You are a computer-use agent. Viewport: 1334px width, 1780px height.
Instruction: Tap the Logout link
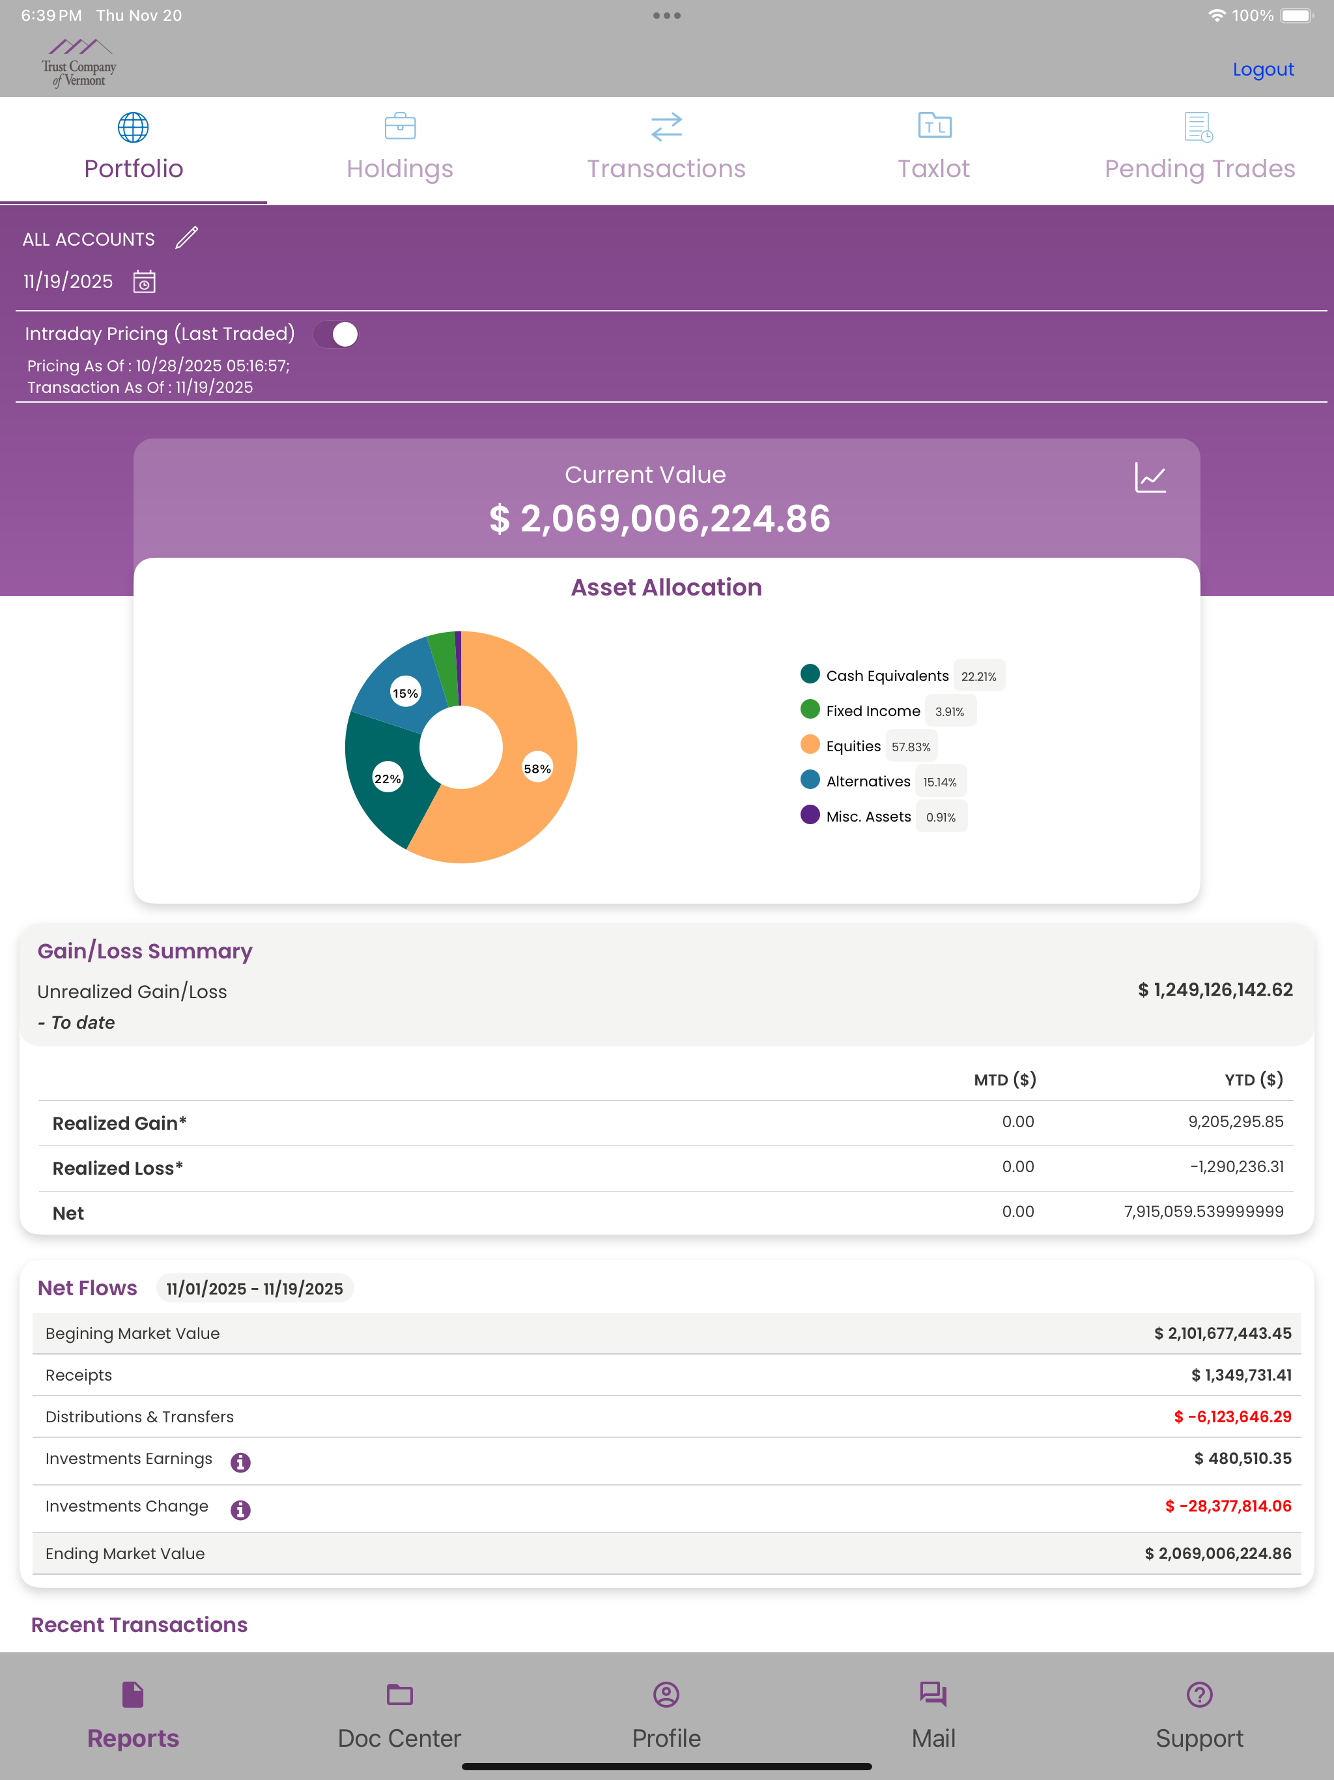(1262, 69)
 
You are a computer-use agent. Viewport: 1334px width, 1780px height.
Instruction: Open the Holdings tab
(400, 149)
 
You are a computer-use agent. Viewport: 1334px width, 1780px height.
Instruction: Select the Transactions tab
(666, 149)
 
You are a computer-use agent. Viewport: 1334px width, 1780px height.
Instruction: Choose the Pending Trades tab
(1199, 149)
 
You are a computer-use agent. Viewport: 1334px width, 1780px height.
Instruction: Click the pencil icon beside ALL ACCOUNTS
(187, 238)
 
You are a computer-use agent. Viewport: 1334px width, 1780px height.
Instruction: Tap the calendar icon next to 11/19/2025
(144, 281)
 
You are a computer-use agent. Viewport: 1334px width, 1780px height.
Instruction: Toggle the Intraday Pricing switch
(335, 334)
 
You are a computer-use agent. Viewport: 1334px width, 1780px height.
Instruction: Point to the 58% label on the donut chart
(537, 769)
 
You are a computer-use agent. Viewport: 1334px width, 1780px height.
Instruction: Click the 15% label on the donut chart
(406, 693)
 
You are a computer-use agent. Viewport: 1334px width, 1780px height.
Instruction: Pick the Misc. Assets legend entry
(883, 817)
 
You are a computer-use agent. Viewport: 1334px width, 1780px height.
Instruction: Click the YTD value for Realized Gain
(1236, 1122)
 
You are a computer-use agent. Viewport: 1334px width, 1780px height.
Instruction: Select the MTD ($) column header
(1005, 1080)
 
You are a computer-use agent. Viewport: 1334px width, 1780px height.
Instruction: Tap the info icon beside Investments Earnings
(240, 1462)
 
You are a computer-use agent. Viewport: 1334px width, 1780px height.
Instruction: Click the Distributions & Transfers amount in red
(1232, 1417)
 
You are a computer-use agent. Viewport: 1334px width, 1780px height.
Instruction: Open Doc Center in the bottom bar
(400, 1715)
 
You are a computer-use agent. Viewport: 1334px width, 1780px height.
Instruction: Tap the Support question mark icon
(1199, 1695)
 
